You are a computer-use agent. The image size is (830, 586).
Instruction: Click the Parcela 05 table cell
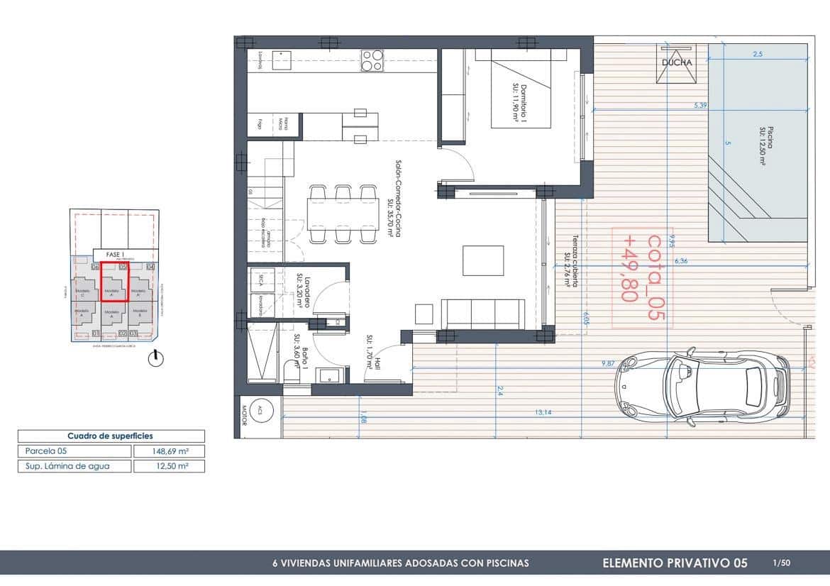74,451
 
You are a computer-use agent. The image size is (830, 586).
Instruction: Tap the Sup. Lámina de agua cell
74,466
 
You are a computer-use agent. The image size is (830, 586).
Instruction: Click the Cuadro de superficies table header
111,436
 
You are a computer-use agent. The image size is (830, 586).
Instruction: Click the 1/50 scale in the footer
781,563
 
